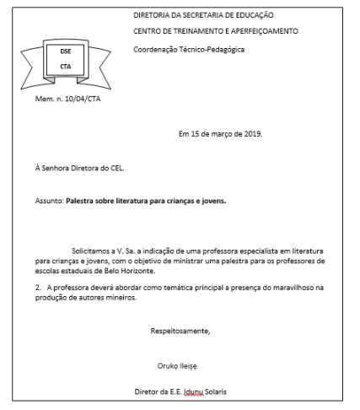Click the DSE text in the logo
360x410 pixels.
(64, 51)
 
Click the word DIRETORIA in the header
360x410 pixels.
(152, 15)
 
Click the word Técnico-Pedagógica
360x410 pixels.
(211, 48)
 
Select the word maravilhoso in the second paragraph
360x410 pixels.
(283, 289)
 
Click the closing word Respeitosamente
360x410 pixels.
(180, 331)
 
